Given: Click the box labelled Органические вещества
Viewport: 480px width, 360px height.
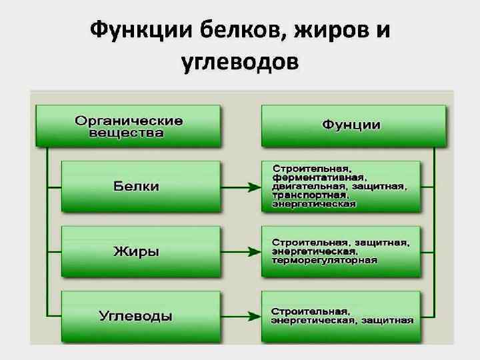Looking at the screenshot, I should pos(129,126).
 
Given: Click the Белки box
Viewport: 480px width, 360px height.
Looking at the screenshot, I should pos(141,186).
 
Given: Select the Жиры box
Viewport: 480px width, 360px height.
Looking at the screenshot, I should pos(141,251).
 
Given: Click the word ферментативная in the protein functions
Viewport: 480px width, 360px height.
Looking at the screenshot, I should pos(319,178).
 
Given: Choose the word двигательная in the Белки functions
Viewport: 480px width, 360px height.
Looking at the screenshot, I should pos(305,187).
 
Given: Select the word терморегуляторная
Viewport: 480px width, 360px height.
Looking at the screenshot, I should pos(325,260).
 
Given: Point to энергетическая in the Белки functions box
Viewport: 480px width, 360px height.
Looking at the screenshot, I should pos(313,204).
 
